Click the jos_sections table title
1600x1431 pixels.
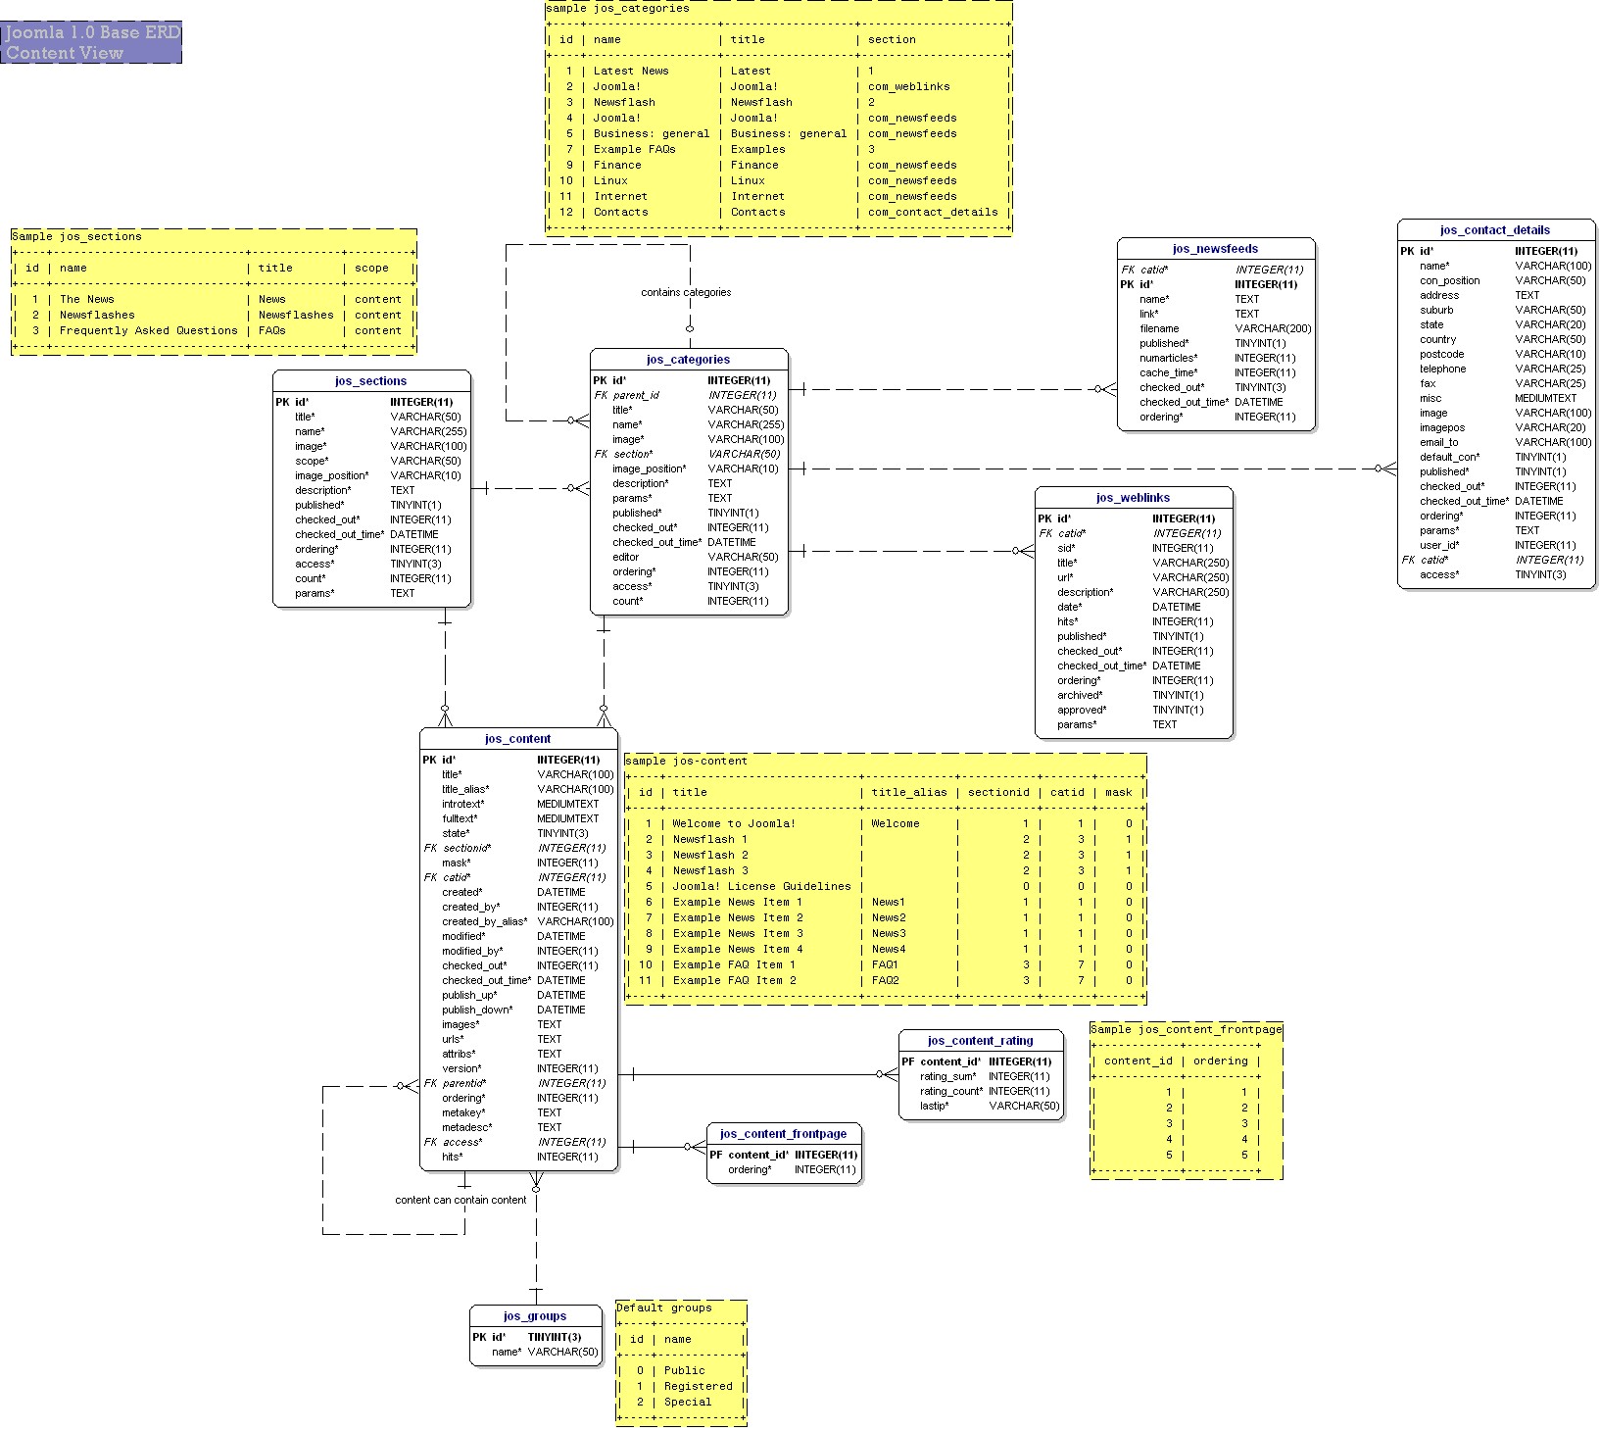pos(370,381)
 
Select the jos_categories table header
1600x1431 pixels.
pos(688,360)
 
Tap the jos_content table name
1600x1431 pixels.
pos(517,739)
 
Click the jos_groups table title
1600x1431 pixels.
pos(535,1316)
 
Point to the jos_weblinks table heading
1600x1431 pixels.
pos(1133,498)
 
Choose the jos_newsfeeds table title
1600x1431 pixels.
pos(1215,249)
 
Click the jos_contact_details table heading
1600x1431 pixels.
pos(1495,230)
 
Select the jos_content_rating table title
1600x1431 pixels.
pos(980,1041)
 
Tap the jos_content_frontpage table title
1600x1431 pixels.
pos(783,1134)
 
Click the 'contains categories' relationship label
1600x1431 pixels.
pos(686,292)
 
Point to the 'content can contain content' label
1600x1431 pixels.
pos(461,1200)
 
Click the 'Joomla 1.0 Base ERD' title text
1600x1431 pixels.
pos(92,32)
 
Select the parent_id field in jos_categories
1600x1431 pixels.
pos(636,395)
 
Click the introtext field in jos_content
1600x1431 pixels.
pos(462,804)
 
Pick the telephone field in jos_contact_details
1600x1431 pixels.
pos(1442,369)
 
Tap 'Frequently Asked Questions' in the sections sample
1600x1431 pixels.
pos(148,330)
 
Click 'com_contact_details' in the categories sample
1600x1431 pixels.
pos(933,212)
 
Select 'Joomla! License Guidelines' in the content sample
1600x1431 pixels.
pos(761,886)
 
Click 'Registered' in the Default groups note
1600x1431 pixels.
pos(698,1386)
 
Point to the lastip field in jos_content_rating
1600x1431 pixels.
pos(934,1106)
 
